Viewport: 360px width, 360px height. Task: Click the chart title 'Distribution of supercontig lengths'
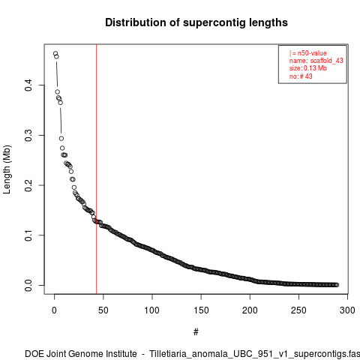[196, 22]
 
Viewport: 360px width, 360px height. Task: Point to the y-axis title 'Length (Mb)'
[7, 169]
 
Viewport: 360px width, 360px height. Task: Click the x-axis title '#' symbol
[196, 332]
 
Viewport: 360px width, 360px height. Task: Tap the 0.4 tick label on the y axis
[28, 85]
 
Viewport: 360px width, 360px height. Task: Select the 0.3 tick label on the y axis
[28, 135]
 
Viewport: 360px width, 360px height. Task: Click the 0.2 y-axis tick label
[28, 185]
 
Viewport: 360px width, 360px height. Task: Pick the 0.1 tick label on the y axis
[28, 235]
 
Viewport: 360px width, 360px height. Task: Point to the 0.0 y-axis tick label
[28, 285]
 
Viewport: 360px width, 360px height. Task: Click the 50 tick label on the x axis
[103, 310]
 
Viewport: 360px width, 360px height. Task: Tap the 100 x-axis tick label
[152, 310]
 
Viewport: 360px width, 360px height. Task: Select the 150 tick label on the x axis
[201, 310]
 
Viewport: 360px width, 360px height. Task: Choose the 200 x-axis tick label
[250, 310]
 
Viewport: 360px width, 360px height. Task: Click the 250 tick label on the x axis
[298, 310]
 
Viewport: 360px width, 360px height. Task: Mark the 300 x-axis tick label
[347, 310]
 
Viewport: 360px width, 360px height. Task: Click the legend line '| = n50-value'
[308, 53]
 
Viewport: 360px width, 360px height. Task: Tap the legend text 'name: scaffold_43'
[316, 61]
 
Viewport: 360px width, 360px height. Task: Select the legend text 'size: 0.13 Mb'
[308, 68]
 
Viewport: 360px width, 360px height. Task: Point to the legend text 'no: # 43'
[301, 76]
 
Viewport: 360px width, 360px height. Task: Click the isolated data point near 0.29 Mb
[61, 139]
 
